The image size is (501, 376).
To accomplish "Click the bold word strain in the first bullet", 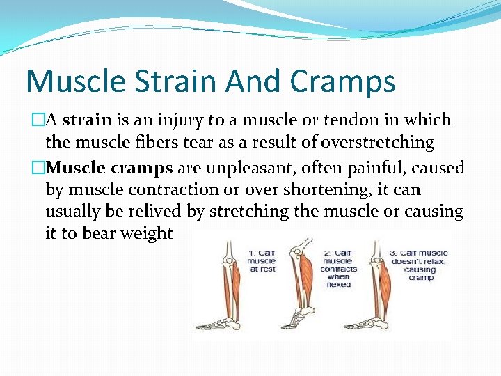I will (x=87, y=120).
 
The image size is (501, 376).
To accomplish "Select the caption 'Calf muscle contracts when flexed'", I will (x=338, y=269).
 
